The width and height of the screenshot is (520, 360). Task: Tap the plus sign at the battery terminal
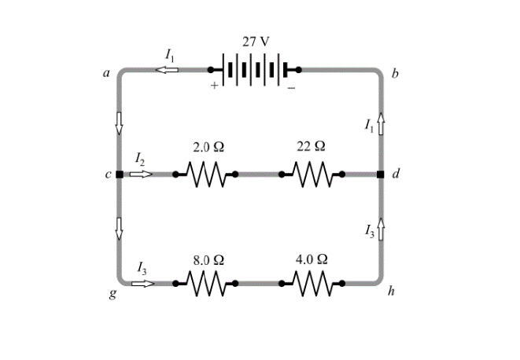click(213, 86)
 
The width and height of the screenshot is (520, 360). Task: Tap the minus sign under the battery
click(291, 88)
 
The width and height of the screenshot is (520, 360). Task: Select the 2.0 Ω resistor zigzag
click(207, 174)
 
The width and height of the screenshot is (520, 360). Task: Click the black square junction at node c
click(119, 174)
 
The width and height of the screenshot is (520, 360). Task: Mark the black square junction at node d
click(382, 174)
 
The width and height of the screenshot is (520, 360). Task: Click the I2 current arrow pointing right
click(142, 174)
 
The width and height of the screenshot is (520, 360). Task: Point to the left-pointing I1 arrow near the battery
click(166, 70)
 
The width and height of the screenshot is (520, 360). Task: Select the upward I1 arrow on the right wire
click(382, 123)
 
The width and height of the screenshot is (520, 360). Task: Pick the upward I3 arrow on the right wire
click(382, 229)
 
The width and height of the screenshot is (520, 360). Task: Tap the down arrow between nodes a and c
click(120, 123)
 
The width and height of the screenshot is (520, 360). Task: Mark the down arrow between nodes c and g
click(120, 228)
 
